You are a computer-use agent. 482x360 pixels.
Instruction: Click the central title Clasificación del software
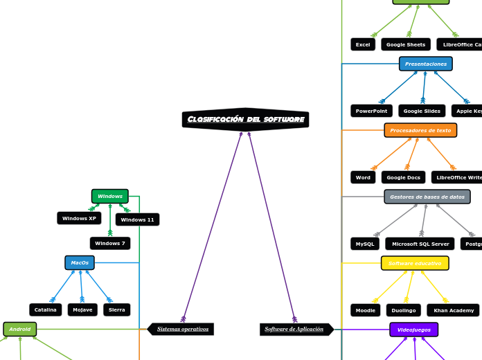[246, 120]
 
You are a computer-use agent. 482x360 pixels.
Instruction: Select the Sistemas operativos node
[181, 329]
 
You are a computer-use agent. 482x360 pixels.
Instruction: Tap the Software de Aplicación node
[295, 329]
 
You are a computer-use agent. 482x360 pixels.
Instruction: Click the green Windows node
[110, 197]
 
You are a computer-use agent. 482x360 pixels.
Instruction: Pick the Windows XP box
[79, 219]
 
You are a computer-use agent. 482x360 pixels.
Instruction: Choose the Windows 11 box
[137, 220]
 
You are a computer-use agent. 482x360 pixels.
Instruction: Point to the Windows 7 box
[110, 244]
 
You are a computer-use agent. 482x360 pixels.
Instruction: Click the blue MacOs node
[80, 263]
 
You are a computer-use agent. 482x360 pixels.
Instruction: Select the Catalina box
[46, 310]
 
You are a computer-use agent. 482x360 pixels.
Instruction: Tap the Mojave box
[82, 310]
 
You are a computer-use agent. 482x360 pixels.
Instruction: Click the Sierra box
[117, 310]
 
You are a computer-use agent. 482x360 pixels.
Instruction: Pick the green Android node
[20, 330]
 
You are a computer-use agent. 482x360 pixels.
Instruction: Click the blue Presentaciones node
[426, 64]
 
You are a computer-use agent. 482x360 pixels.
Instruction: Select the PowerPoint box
[371, 111]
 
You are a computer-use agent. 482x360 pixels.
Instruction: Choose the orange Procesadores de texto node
[420, 130]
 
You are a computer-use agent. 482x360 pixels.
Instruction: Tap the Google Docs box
[403, 178]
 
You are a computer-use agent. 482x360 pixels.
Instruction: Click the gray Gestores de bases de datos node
[427, 197]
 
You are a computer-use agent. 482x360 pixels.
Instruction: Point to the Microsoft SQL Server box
[420, 244]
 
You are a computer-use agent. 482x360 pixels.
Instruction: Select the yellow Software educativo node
[415, 264]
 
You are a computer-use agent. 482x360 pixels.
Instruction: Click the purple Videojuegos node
[413, 330]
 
